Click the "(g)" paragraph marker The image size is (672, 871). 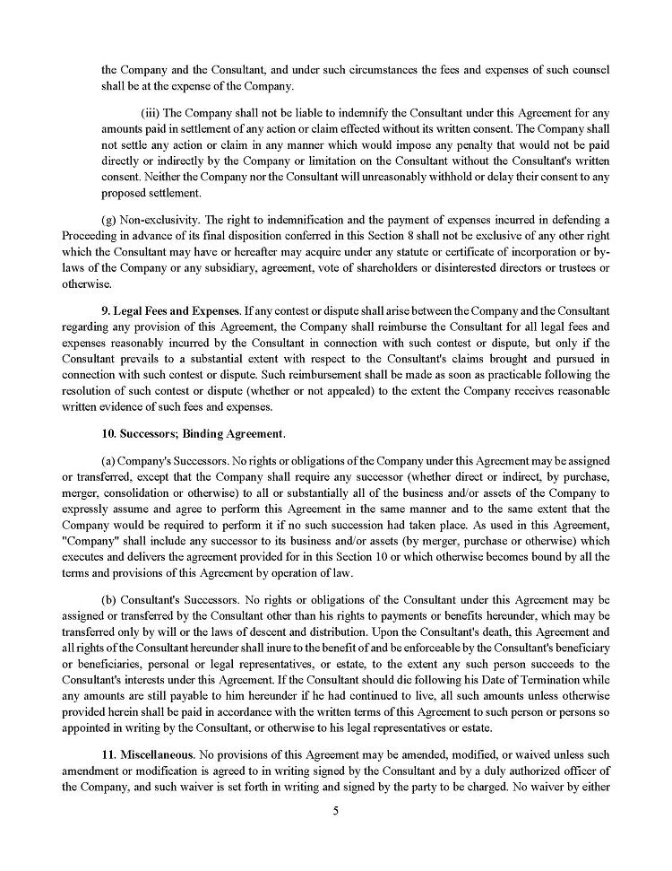point(109,220)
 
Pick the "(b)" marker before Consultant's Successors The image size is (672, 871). point(109,598)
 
